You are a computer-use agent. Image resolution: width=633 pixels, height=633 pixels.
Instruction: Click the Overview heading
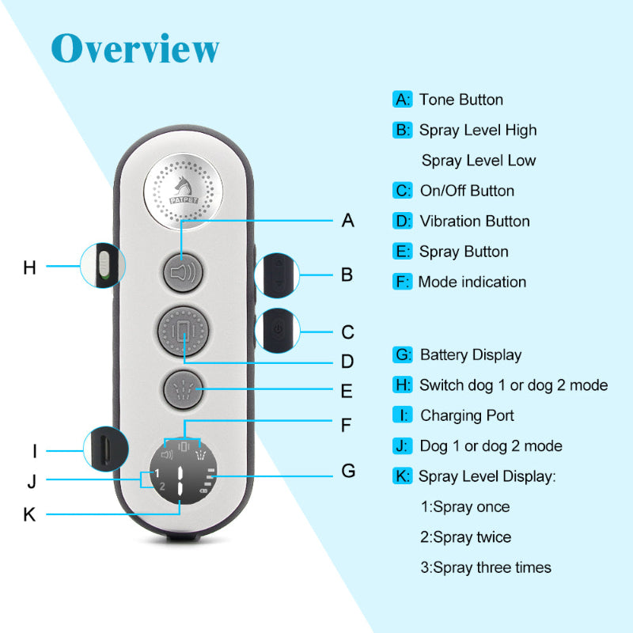pyautogui.click(x=135, y=48)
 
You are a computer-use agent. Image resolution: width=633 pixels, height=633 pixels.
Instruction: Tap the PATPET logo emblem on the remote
pyautogui.click(x=183, y=192)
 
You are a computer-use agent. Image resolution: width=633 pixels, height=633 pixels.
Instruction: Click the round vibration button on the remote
pyautogui.click(x=183, y=331)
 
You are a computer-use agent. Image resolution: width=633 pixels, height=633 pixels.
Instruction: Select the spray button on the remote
pyautogui.click(x=183, y=389)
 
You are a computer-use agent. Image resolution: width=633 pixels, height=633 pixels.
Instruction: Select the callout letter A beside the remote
pyautogui.click(x=347, y=221)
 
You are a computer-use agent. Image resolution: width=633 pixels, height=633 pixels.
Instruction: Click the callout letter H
pyautogui.click(x=30, y=267)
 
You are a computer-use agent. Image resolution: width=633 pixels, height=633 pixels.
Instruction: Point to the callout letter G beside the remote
pyautogui.click(x=347, y=472)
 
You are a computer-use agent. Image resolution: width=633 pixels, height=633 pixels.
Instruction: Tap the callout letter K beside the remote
pyautogui.click(x=30, y=514)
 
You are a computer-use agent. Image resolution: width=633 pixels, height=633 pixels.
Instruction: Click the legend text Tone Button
pyautogui.click(x=461, y=100)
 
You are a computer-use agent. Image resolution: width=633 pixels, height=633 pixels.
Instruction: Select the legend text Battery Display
pyautogui.click(x=471, y=355)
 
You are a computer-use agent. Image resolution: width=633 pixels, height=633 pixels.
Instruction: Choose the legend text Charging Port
pyautogui.click(x=467, y=415)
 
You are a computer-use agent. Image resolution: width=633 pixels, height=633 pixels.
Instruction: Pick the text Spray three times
pyautogui.click(x=486, y=567)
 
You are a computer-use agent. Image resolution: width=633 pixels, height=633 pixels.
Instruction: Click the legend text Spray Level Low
pyautogui.click(x=479, y=161)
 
